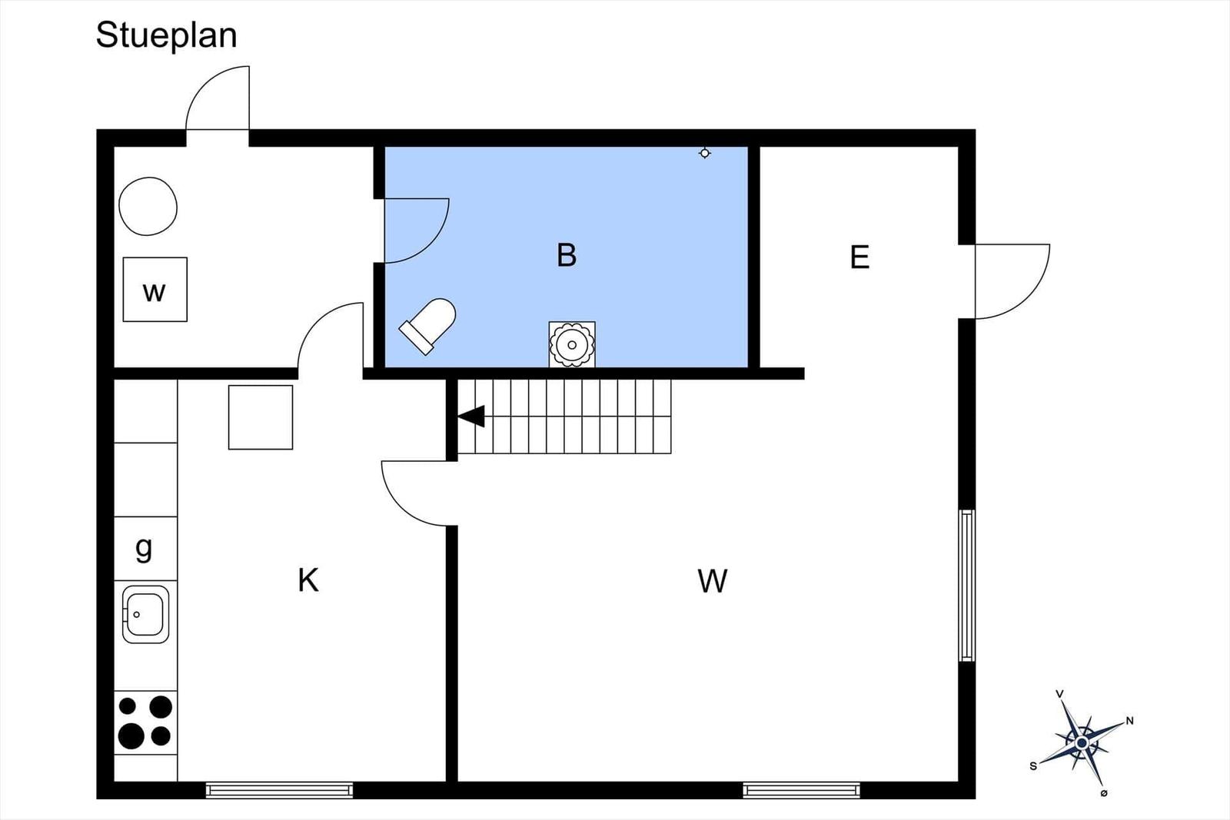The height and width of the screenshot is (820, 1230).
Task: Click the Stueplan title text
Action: click(166, 36)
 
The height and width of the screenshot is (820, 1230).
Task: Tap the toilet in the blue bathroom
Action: click(427, 326)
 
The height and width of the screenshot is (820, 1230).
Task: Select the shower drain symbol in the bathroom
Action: click(572, 345)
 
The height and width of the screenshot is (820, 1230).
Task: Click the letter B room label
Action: click(567, 255)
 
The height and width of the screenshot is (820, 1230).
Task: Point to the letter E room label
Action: click(860, 257)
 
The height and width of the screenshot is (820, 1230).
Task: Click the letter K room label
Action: click(308, 580)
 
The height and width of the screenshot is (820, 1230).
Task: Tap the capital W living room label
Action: click(713, 581)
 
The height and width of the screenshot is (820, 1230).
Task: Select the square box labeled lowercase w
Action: click(155, 289)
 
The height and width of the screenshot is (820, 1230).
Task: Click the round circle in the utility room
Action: click(148, 207)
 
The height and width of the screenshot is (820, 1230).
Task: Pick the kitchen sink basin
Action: click(145, 614)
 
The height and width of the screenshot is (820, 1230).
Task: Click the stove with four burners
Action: click(145, 722)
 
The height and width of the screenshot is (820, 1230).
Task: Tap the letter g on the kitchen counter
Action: click(143, 548)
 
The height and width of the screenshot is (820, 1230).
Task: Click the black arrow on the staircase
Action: click(471, 416)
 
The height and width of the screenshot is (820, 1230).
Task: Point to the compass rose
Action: click(1082, 743)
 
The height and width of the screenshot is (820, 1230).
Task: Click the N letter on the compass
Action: click(1129, 721)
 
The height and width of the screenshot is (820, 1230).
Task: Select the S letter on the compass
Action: click(1033, 766)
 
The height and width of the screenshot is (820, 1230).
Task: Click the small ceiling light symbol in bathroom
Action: click(704, 153)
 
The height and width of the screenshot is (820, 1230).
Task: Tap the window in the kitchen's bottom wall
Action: click(280, 790)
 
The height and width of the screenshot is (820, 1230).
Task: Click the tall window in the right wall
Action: click(967, 586)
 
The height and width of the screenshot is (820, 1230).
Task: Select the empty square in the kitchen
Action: click(261, 417)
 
